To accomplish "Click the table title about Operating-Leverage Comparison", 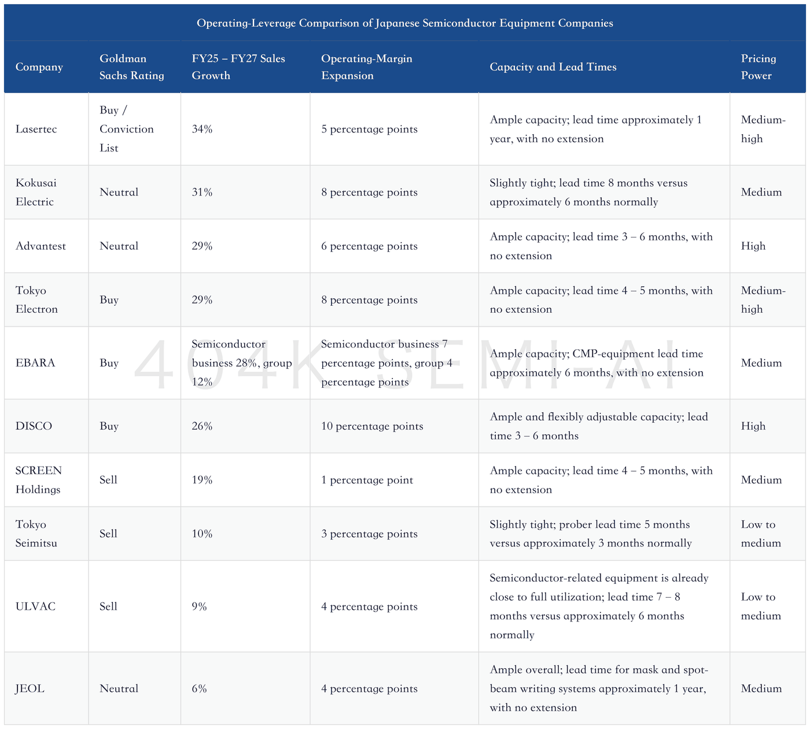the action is point(404,23).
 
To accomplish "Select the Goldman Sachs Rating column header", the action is point(132,66).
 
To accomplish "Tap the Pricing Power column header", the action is point(759,66).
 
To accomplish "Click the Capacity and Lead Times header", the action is point(553,66).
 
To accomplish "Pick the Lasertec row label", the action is point(36,129).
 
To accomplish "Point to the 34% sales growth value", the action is point(202,129).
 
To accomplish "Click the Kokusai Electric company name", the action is point(36,192).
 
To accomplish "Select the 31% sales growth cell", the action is point(202,192).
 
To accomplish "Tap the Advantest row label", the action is point(41,246).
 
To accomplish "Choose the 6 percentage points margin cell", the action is point(369,246).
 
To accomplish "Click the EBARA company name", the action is point(35,362).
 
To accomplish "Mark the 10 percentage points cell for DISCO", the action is point(372,426).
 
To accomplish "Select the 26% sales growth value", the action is point(202,426).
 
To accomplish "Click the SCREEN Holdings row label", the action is point(38,479).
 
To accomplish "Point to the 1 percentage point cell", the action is point(367,479).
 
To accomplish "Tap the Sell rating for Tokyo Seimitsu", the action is point(108,533).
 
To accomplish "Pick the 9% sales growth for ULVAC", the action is point(199,606).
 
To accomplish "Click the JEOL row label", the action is point(30,688).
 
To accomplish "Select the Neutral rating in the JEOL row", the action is point(119,688).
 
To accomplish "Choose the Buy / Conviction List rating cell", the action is point(126,129).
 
